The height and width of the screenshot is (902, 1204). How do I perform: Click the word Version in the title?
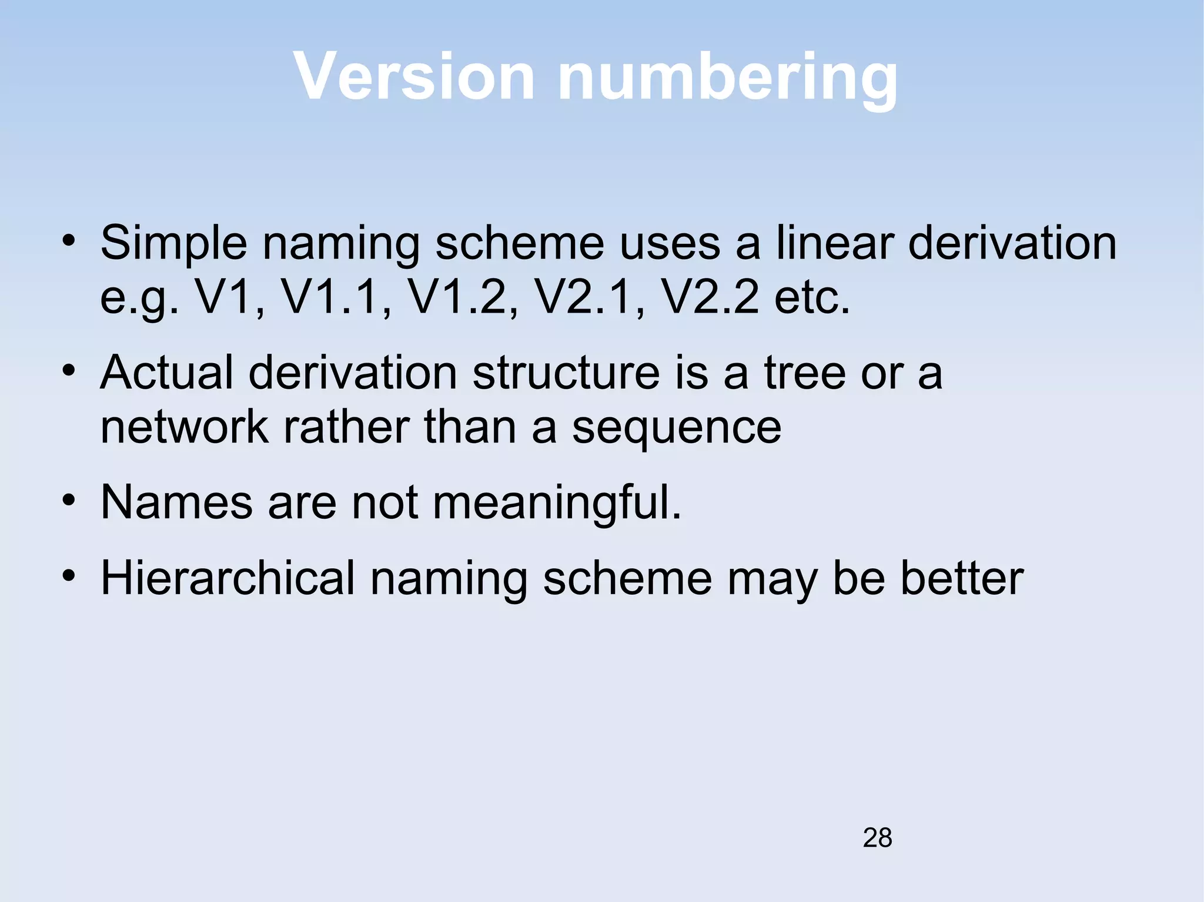pos(414,76)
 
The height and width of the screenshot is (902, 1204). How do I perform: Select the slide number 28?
pos(877,837)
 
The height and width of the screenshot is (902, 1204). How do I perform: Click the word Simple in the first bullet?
pos(173,244)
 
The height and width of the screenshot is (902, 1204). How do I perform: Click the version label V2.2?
pos(711,296)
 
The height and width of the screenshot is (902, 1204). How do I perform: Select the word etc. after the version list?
pos(812,297)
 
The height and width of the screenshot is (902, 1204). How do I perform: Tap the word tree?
pos(805,373)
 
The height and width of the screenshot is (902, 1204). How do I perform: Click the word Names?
pos(177,502)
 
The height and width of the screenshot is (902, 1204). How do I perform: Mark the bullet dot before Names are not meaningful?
pos(69,501)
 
